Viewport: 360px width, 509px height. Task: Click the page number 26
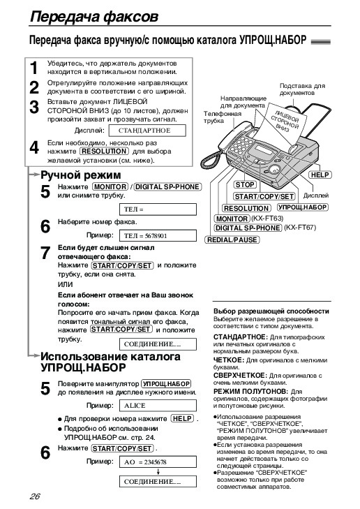click(x=35, y=496)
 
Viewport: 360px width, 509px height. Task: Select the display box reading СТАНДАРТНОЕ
click(x=147, y=131)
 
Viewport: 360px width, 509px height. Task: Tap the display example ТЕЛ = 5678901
click(x=158, y=236)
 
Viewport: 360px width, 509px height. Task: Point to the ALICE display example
click(x=158, y=406)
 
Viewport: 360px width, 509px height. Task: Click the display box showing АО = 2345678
click(x=158, y=462)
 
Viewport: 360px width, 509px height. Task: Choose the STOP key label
click(x=245, y=185)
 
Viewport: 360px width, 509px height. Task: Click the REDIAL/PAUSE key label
click(x=232, y=240)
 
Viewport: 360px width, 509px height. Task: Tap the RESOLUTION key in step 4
click(x=104, y=152)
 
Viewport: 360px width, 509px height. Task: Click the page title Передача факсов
click(x=94, y=17)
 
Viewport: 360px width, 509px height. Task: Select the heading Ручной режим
click(x=81, y=175)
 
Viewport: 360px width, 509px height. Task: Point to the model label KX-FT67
click(x=300, y=228)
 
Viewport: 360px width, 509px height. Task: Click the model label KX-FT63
click(x=267, y=219)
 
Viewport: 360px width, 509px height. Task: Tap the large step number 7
click(x=45, y=253)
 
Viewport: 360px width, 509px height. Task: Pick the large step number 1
click(x=34, y=68)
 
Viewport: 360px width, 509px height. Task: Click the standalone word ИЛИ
click(x=65, y=284)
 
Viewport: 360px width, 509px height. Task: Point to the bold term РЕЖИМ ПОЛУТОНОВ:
click(x=250, y=392)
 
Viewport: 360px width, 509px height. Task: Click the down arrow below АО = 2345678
click(x=158, y=472)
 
